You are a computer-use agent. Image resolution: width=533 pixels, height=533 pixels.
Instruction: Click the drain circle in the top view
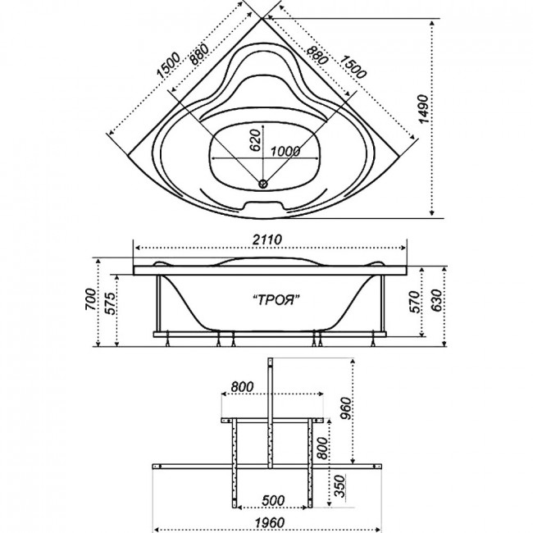(263, 184)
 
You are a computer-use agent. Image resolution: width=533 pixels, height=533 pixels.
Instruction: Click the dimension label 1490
(423, 109)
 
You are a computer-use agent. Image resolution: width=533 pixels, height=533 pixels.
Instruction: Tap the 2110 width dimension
(267, 239)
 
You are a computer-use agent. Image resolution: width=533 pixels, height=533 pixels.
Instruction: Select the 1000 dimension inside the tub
(285, 151)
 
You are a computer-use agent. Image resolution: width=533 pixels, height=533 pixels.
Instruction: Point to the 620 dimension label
(255, 139)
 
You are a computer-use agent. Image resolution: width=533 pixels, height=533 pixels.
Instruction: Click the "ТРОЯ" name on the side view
(276, 300)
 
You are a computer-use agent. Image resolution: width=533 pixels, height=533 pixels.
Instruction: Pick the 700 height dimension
(91, 298)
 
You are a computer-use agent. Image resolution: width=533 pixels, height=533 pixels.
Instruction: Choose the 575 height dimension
(110, 303)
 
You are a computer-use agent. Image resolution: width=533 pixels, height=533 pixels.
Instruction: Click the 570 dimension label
(415, 302)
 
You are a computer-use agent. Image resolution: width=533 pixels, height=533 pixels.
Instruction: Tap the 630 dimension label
(436, 300)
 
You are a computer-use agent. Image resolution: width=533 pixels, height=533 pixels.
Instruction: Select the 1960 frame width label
(271, 522)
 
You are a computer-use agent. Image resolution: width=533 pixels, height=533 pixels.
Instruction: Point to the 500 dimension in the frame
(273, 500)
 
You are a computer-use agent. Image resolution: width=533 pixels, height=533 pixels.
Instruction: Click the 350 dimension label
(340, 485)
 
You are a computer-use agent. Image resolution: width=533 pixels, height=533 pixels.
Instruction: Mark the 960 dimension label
(346, 408)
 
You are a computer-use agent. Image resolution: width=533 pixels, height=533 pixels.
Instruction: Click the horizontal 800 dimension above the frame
(242, 386)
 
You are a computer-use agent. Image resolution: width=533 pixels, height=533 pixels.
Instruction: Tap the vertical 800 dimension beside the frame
(323, 448)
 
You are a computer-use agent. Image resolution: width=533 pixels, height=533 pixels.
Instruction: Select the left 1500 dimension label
(168, 65)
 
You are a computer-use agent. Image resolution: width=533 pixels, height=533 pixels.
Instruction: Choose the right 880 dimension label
(317, 55)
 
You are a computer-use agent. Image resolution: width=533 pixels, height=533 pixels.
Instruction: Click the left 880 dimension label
(198, 54)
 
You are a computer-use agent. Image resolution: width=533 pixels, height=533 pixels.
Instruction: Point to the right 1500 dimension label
(353, 66)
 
